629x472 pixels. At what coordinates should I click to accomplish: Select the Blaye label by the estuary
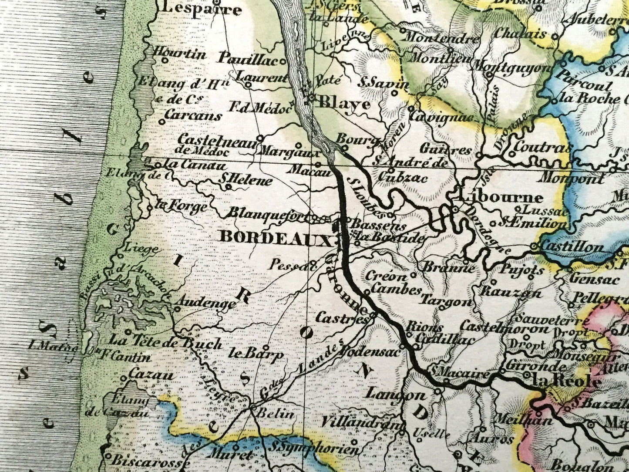(x=344, y=104)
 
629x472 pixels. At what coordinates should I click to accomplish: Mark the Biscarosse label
(x=138, y=460)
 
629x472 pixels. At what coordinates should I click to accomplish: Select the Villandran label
(x=360, y=422)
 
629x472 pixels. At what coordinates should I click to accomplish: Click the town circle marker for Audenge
(x=177, y=309)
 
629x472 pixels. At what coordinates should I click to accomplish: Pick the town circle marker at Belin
(x=253, y=408)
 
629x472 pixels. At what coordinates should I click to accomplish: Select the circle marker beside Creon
(x=413, y=275)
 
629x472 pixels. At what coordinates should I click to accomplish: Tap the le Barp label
(x=255, y=353)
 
